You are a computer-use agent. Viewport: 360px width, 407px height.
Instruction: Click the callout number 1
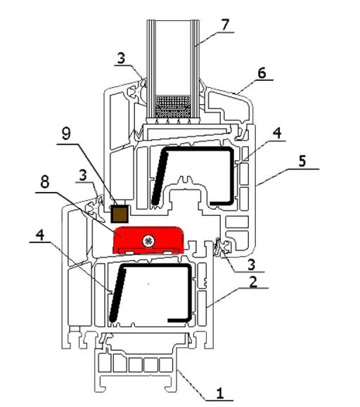tap(220, 394)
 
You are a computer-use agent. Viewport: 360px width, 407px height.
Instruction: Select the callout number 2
tap(253, 281)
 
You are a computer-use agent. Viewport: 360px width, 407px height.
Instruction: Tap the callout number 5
tap(302, 161)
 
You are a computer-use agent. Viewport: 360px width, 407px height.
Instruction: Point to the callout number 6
tap(262, 72)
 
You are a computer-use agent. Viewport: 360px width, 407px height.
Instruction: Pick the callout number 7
tap(225, 25)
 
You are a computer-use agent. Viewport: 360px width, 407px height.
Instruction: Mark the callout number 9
tap(66, 134)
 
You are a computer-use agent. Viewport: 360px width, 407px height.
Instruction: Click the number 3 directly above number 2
tap(251, 265)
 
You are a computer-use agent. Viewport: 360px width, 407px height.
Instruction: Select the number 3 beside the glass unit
tap(121, 58)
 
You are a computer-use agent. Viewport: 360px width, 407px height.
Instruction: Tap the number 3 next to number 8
tap(83, 175)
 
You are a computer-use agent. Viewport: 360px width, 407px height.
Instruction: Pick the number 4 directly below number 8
tap(39, 235)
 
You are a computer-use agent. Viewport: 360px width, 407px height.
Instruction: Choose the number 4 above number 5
tap(277, 133)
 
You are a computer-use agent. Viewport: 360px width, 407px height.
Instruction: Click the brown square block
tap(120, 214)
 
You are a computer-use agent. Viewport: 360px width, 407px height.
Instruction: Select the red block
tap(148, 240)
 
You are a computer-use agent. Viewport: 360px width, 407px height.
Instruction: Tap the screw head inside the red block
tap(148, 242)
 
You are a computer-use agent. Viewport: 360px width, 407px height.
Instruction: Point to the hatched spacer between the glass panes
tap(173, 106)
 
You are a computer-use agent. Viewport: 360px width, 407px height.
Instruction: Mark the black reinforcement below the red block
tap(151, 293)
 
